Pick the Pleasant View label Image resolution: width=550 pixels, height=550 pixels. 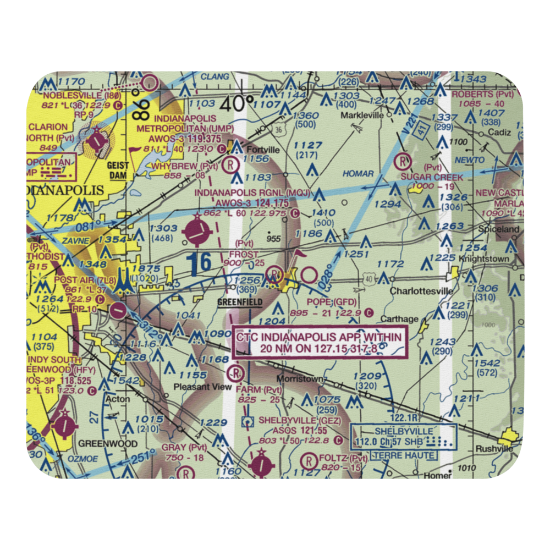[x=202, y=387]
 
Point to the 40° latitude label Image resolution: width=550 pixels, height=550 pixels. [x=238, y=103]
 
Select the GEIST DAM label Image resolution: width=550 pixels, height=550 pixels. [x=118, y=170]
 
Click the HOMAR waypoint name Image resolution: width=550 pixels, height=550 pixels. [x=358, y=174]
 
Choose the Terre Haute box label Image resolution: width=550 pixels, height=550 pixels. [x=404, y=455]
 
